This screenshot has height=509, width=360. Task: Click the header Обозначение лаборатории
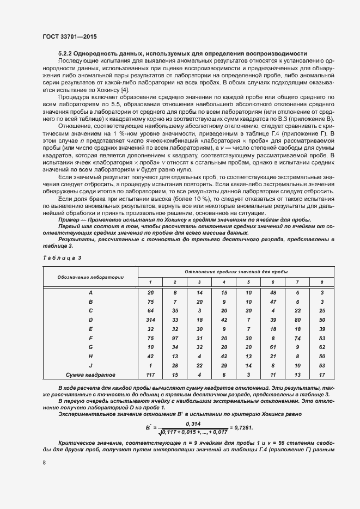point(90,277)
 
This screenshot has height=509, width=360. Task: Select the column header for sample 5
point(248,282)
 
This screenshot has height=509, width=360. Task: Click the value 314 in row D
point(150,320)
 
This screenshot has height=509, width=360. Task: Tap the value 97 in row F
point(175,338)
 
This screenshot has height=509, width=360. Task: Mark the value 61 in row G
point(273,347)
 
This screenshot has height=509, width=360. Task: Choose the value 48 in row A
point(273,292)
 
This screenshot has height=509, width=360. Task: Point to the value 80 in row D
point(297,320)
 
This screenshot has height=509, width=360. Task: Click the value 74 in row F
point(297,338)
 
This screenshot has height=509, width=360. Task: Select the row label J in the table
point(90,365)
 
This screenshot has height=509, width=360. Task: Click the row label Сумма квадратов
point(90,375)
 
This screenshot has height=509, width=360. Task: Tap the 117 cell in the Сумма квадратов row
point(150,375)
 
